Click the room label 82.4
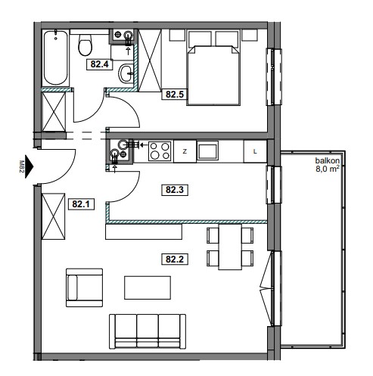coord(99,64)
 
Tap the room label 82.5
coord(175,95)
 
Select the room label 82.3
coord(175,189)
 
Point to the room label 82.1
coord(81,204)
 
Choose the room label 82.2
coord(175,259)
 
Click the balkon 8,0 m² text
coord(328,165)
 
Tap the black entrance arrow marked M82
coord(29,166)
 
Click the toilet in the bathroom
coord(85,45)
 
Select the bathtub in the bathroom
coord(56,57)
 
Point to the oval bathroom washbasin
coord(126,73)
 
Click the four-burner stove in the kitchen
coord(160,151)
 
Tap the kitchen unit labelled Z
coord(185,151)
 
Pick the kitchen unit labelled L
coord(255,151)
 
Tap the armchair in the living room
coord(84,287)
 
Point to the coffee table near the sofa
coord(148,287)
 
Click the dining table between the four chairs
coord(230,247)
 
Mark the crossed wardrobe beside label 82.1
coord(53,216)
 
